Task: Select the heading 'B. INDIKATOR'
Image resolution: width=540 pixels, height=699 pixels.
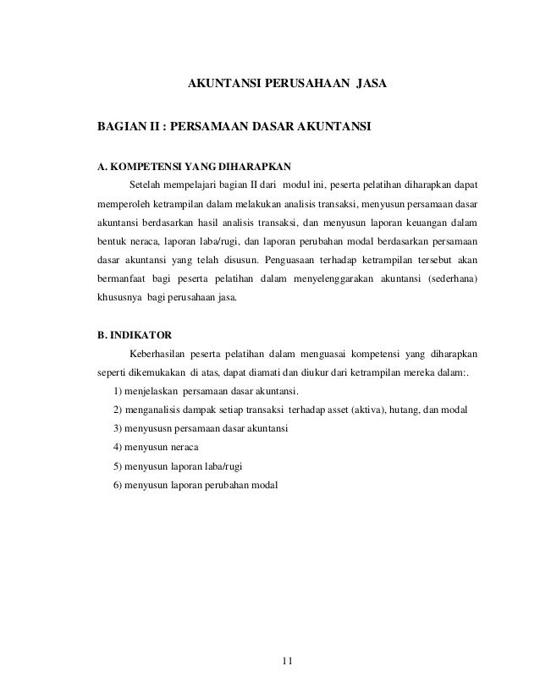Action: coord(133,333)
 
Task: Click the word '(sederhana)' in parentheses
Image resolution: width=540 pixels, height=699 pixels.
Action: coord(449,279)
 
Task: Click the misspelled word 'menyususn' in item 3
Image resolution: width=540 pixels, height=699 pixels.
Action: coord(149,429)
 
